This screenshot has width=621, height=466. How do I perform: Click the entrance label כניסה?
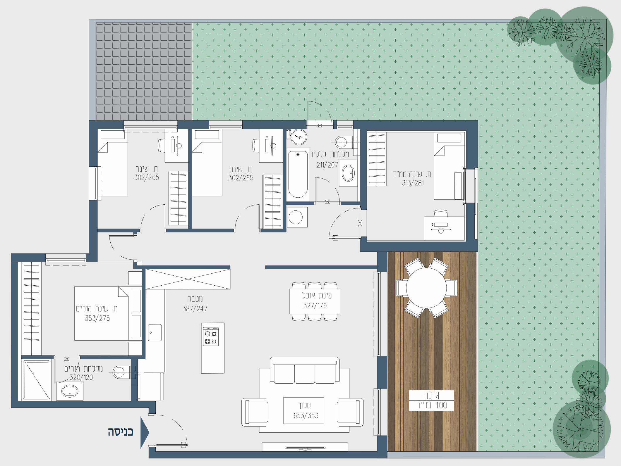[120, 432]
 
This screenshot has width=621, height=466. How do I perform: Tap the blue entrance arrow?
[145, 432]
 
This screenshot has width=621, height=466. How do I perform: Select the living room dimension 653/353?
[306, 415]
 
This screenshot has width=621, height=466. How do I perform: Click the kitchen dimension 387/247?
[195, 308]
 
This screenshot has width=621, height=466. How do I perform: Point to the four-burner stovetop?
[211, 336]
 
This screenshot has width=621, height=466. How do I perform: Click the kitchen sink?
[155, 332]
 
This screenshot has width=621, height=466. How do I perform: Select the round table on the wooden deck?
[426, 288]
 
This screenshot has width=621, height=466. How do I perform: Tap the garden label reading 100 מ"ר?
[431, 405]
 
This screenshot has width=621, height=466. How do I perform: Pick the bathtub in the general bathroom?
[298, 175]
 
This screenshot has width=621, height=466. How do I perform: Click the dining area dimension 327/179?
[315, 306]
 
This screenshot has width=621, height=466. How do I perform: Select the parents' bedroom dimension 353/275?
[97, 318]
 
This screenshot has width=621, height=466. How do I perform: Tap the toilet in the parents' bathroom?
[121, 372]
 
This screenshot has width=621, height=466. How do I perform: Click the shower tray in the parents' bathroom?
[37, 380]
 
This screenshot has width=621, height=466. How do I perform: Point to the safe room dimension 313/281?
[413, 183]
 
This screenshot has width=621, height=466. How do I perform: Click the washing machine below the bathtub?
[297, 217]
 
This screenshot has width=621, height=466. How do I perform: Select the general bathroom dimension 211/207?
[327, 165]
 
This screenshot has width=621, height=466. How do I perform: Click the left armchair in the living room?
[255, 412]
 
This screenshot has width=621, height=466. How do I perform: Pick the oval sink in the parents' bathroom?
[70, 391]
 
